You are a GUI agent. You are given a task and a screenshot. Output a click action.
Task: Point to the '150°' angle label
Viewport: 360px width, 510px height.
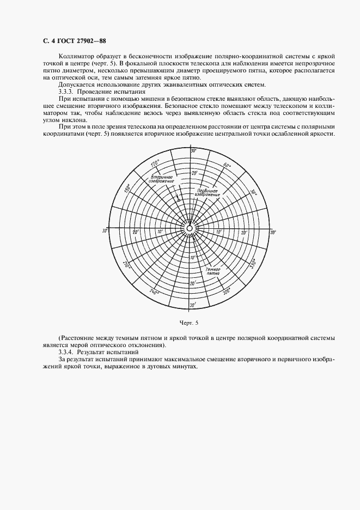(127, 188)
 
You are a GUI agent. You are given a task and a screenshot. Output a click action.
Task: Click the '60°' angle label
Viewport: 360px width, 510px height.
(227, 165)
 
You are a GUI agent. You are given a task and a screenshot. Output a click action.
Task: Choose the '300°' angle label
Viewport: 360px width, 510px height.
(227, 292)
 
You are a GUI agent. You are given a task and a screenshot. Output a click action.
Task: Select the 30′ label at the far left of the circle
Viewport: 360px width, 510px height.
(105, 232)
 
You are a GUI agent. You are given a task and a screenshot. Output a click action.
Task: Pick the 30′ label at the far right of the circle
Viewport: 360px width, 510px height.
(272, 232)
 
